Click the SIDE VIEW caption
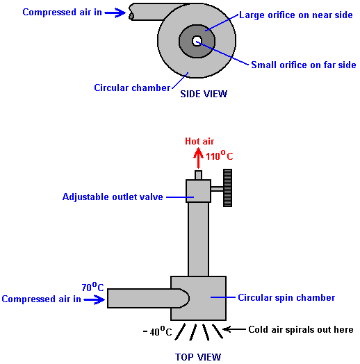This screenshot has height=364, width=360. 204,94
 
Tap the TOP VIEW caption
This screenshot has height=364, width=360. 198,357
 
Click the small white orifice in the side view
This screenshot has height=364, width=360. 197,41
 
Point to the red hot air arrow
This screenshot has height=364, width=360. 198,158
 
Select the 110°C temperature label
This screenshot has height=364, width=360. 219,156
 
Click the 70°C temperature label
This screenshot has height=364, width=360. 92,287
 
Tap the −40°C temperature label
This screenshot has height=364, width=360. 158,331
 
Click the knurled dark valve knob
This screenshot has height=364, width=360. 228,188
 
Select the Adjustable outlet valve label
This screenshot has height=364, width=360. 113,197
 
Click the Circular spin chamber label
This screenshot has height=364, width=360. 286,297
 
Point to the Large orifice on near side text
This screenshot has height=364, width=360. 296,15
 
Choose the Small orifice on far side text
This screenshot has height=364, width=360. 304,65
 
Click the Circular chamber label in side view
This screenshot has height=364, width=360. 132,88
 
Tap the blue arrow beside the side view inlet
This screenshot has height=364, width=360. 115,13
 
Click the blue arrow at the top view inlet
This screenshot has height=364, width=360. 95,299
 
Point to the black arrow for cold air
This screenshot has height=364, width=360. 234,329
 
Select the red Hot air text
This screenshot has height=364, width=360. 199,141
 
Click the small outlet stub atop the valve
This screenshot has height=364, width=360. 198,175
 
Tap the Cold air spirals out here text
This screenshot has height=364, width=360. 301,329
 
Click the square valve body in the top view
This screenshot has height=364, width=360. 198,191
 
